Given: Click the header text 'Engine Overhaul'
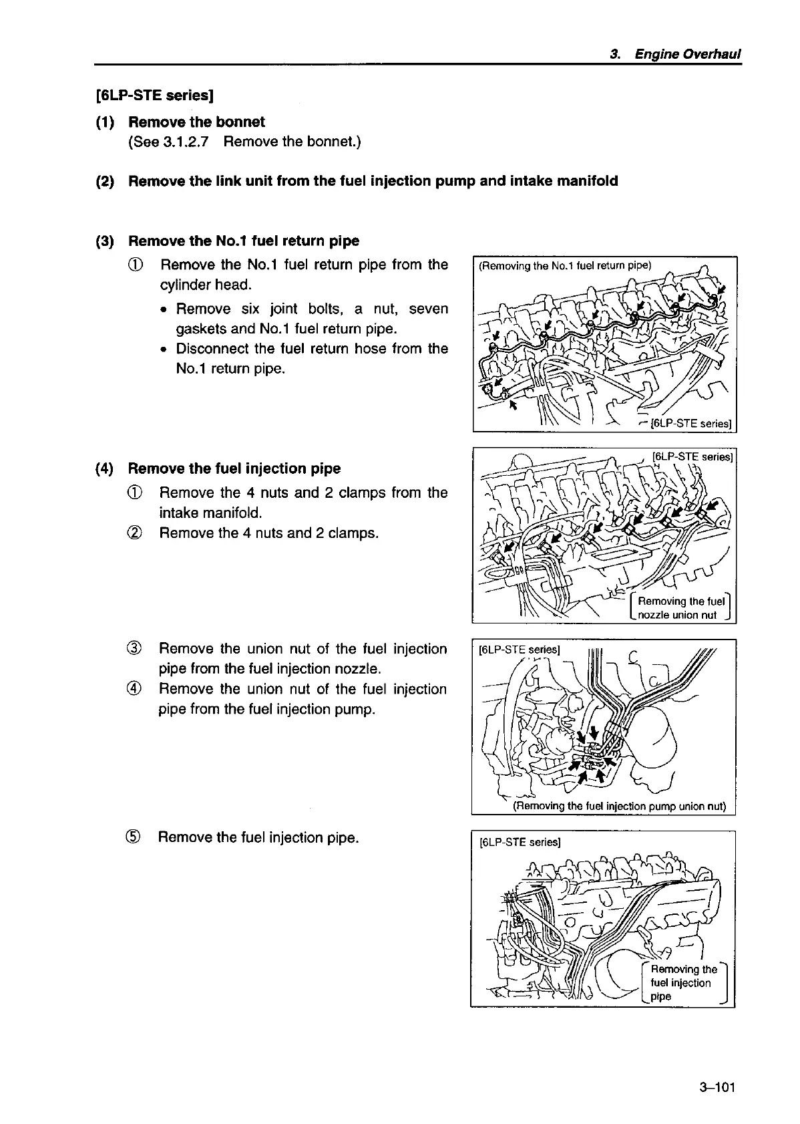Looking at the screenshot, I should point(688,54).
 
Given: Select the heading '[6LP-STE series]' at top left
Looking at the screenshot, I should point(154,95).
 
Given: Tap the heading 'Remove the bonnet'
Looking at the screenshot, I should point(196,122).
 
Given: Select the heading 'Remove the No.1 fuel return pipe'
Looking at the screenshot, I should point(243,241).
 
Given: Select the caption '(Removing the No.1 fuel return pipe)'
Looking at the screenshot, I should point(564,265).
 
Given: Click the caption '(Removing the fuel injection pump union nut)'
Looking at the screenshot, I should point(618,806).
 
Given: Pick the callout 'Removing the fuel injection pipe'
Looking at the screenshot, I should point(682,982).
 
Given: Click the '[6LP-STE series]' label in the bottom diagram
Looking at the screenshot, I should point(520,842).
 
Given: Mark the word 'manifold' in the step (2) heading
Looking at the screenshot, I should point(588,181).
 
